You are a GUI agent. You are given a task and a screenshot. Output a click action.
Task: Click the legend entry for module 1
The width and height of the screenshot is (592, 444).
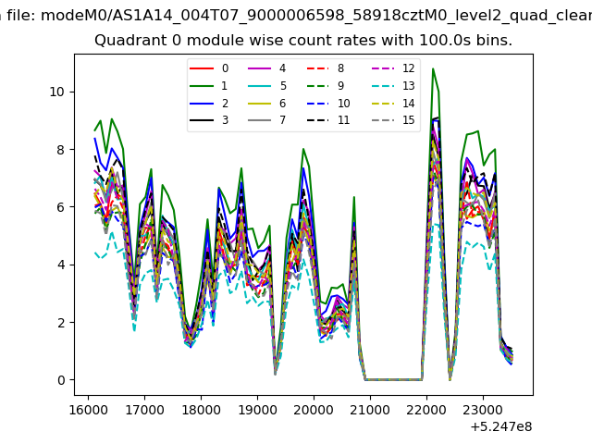pos(208,86)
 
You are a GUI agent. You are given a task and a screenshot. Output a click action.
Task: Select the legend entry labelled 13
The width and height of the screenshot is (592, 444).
pos(393,86)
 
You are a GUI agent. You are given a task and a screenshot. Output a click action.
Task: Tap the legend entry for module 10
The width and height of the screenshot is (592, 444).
pos(327,103)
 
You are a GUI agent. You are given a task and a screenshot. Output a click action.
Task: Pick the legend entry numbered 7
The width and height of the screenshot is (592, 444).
pos(266,120)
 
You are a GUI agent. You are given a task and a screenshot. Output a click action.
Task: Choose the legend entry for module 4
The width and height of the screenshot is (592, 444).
pos(266,68)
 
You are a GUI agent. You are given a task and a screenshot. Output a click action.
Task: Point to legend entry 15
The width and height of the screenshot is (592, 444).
pos(393,120)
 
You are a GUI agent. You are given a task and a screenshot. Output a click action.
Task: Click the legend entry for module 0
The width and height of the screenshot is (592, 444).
pos(208,68)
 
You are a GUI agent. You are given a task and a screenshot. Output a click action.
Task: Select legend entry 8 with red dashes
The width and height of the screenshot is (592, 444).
pos(325,68)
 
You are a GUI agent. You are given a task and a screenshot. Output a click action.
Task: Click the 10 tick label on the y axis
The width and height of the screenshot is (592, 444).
pos(56,92)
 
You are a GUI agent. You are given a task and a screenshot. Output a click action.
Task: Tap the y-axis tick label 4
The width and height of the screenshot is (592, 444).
pos(61,265)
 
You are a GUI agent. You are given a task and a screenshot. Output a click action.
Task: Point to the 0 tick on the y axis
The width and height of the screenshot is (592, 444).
pos(61,380)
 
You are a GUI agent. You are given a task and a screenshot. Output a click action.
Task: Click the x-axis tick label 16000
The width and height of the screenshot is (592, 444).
pos(89,410)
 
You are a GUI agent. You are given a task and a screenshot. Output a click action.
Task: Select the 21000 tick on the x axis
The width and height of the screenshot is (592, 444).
pos(370,410)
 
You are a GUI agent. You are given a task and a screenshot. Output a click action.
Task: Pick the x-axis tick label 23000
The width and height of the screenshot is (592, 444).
pos(483,410)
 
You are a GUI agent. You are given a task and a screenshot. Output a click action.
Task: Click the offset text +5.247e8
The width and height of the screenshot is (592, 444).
pos(501,426)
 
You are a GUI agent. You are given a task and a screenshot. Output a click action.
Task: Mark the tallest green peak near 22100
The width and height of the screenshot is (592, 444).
pos(433,68)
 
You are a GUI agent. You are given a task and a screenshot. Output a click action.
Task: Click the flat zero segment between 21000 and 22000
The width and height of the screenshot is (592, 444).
pos(393,379)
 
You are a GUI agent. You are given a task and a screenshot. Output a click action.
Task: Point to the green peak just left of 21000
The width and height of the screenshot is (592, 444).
pos(353,197)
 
